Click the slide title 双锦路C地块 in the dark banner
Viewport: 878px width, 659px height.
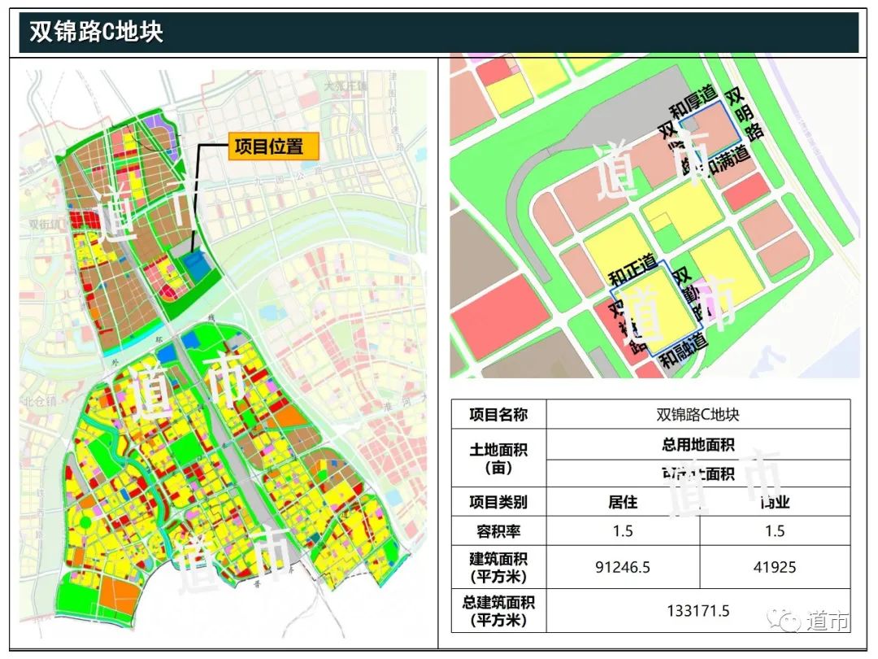coord(96,32)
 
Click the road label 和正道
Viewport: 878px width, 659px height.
coord(632,268)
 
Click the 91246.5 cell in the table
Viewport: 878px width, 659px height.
coord(623,567)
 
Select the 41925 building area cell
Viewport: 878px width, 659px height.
coord(775,567)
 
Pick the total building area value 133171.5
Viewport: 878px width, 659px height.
coord(698,611)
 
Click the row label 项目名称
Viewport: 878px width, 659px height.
coord(498,414)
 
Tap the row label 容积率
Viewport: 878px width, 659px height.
coord(498,531)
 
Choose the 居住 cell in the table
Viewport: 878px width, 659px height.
coord(623,502)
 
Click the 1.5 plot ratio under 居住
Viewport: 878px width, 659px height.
coord(623,531)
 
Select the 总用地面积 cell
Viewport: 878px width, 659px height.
coord(698,445)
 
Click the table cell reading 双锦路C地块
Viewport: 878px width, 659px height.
coord(698,414)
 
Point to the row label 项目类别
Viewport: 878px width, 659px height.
coord(498,502)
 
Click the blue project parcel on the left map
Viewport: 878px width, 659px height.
coord(196,266)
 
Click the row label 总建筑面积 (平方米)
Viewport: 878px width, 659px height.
coord(498,611)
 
